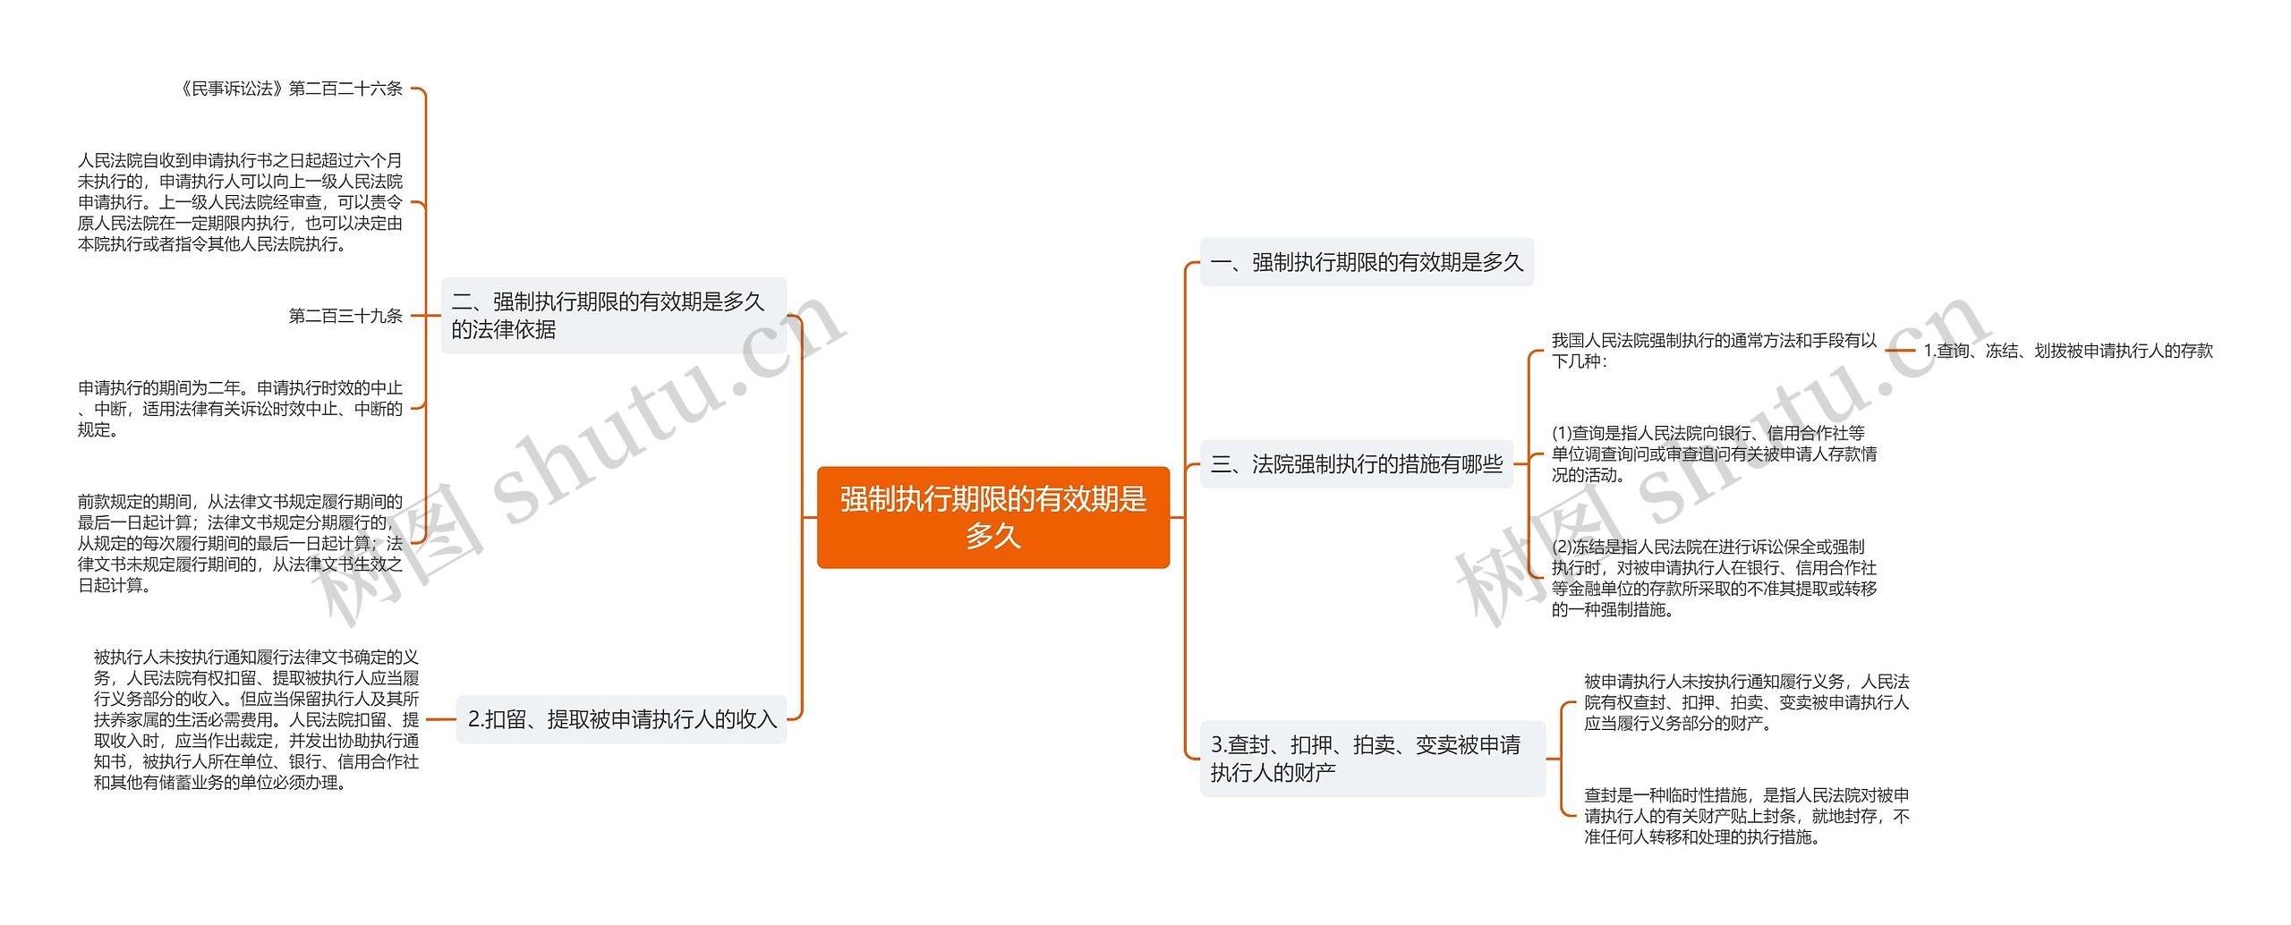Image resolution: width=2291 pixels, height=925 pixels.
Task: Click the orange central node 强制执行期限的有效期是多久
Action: click(x=992, y=517)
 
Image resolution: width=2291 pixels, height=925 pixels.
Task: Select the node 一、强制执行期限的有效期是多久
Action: click(x=1366, y=262)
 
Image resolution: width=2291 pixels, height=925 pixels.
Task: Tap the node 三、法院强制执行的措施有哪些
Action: click(x=1356, y=464)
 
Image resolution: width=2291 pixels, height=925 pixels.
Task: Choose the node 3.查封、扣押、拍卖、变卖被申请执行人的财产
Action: click(x=1371, y=759)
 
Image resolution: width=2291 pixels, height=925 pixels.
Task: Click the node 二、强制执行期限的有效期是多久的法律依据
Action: click(x=613, y=316)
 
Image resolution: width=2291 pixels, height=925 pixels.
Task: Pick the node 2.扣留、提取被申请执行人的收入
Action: click(x=622, y=719)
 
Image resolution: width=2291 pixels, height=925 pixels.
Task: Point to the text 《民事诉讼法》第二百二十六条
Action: click(x=290, y=89)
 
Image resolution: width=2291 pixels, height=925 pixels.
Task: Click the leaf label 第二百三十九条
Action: click(x=345, y=316)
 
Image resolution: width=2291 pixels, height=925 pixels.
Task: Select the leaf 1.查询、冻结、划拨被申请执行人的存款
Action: click(x=2067, y=351)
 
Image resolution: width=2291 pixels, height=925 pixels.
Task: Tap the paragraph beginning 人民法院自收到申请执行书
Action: click(x=240, y=202)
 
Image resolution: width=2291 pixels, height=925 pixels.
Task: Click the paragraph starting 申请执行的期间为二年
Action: click(x=240, y=409)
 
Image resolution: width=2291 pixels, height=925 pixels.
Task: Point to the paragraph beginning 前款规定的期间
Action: click(x=240, y=543)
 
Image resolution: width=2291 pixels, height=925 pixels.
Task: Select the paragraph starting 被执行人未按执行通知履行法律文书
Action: click(x=256, y=719)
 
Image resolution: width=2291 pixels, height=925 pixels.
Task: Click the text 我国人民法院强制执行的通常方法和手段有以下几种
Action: click(x=1713, y=351)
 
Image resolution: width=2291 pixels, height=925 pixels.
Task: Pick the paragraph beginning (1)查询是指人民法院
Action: click(x=1713, y=454)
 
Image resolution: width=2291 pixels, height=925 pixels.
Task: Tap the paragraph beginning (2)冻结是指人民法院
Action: click(x=1713, y=578)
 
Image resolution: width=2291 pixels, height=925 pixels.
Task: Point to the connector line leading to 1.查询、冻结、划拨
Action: click(x=1900, y=351)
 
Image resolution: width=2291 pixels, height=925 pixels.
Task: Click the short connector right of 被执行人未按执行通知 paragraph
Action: click(x=440, y=719)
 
